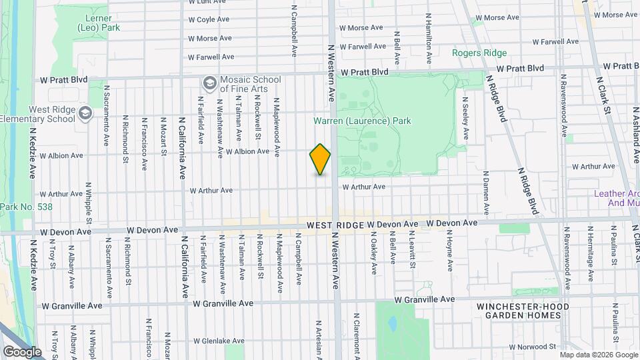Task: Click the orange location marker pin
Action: click(x=320, y=159)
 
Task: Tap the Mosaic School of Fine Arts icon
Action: click(x=209, y=83)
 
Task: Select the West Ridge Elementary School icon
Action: click(x=85, y=113)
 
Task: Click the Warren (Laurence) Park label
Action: click(x=363, y=121)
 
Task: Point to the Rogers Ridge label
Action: click(x=479, y=53)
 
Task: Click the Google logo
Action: click(x=22, y=351)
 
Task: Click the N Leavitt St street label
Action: click(x=412, y=251)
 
